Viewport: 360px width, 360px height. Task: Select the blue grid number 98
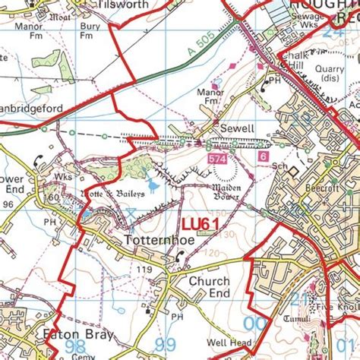click(75, 346)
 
